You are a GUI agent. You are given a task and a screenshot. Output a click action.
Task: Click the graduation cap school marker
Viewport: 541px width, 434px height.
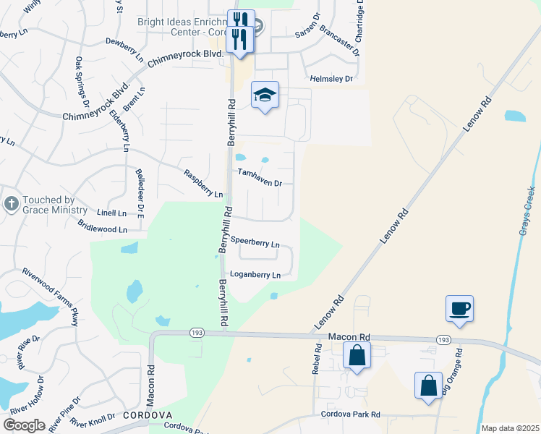265,94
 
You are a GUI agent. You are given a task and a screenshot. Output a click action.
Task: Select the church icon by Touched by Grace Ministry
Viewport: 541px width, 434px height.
11,204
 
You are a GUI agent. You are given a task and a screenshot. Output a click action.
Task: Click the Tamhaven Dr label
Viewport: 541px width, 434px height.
260,178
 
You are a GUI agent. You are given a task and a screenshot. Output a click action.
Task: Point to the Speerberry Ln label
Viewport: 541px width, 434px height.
255,244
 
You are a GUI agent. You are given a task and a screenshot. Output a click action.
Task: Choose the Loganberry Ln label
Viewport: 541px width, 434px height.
255,275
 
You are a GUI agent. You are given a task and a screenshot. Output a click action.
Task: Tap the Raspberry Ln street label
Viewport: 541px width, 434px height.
203,184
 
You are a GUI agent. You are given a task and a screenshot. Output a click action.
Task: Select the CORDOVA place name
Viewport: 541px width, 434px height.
147,415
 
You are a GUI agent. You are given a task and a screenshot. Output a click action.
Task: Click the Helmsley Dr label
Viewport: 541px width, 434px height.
331,78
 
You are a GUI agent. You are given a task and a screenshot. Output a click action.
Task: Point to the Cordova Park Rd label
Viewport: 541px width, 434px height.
351,414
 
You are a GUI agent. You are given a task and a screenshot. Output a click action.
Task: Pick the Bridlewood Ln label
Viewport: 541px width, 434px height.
102,227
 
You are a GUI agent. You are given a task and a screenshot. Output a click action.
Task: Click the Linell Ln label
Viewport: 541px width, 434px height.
111,213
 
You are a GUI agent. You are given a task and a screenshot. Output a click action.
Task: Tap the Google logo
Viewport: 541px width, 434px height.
24,425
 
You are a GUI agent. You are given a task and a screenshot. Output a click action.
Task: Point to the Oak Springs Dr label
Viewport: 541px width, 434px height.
82,81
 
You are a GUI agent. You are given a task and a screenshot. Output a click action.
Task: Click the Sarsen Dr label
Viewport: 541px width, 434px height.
307,35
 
